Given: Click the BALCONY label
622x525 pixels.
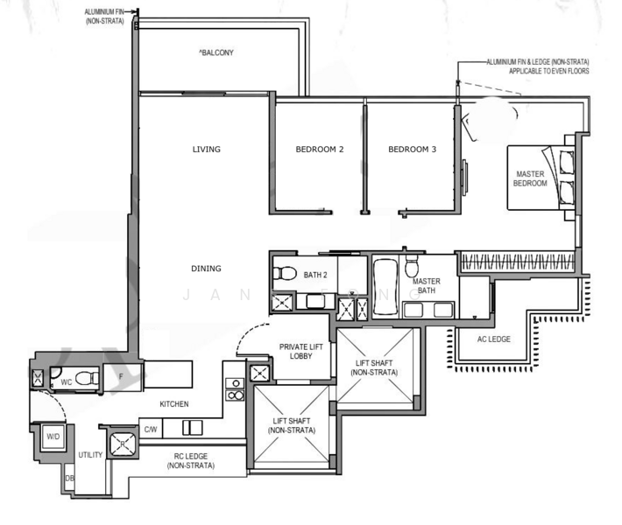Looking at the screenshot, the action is pyautogui.click(x=216, y=52).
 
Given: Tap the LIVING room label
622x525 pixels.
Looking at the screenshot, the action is pyautogui.click(x=206, y=150).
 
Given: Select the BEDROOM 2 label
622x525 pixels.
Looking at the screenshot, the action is pyautogui.click(x=320, y=150).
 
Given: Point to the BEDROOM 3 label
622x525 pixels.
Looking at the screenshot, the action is pyautogui.click(x=412, y=150).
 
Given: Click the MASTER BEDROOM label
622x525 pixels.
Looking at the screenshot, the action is pyautogui.click(x=530, y=178).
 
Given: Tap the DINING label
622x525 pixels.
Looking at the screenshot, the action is pyautogui.click(x=206, y=269).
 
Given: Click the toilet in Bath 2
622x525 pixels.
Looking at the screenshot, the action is pyautogui.click(x=285, y=273).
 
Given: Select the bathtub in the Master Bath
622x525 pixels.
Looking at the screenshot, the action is pyautogui.click(x=385, y=287).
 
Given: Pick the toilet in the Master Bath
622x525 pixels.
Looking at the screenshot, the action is pyautogui.click(x=412, y=266).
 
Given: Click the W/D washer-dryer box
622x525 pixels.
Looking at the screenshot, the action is pyautogui.click(x=53, y=437).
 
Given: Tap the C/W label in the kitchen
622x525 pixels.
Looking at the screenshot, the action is pyautogui.click(x=151, y=430).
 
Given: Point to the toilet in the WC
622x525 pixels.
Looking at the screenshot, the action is pyautogui.click(x=87, y=378).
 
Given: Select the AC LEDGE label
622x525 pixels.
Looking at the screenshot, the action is pyautogui.click(x=493, y=339).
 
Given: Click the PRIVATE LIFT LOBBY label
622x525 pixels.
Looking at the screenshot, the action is pyautogui.click(x=300, y=352).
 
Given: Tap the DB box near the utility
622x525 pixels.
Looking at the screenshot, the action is pyautogui.click(x=69, y=479).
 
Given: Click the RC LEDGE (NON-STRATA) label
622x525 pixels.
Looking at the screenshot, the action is pyautogui.click(x=191, y=461).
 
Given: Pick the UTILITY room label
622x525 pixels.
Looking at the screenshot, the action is pyautogui.click(x=90, y=455).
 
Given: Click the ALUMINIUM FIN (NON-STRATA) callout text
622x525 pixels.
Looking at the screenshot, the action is pyautogui.click(x=105, y=17).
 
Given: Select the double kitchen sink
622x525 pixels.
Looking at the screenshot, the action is pyautogui.click(x=193, y=428).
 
